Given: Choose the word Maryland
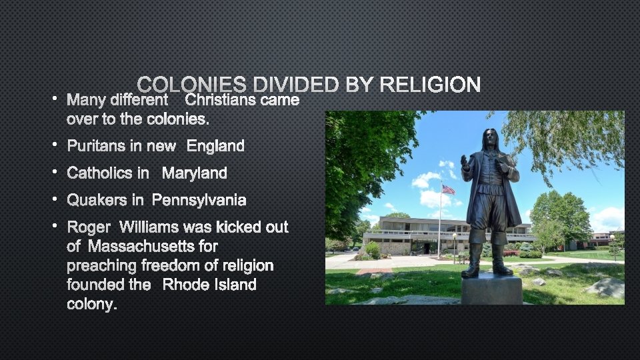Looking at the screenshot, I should (x=195, y=173).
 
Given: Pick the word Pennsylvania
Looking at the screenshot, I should (x=199, y=200).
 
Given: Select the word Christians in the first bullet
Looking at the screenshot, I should (x=219, y=100).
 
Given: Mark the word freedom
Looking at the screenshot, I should (x=182, y=265).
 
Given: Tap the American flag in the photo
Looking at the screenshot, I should (x=448, y=190).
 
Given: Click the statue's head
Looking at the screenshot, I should (x=491, y=139).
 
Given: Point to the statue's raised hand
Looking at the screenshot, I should (x=465, y=162).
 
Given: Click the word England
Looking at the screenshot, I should (x=215, y=146).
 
